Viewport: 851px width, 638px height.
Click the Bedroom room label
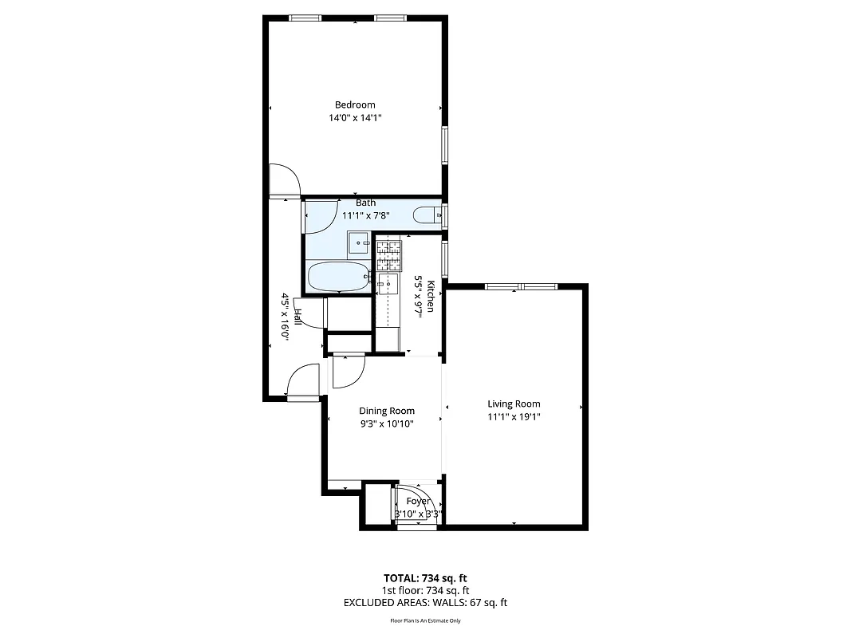tap(355, 104)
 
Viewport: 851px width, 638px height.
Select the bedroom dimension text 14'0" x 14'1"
tap(355, 117)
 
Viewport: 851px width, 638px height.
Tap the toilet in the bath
tap(427, 215)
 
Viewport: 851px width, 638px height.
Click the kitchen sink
tap(388, 284)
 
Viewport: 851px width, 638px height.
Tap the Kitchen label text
tap(431, 296)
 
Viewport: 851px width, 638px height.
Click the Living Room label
tap(514, 404)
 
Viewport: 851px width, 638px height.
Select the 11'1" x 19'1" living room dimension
tap(514, 416)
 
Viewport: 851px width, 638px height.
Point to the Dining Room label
tap(387, 411)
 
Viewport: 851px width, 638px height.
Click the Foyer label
tap(419, 501)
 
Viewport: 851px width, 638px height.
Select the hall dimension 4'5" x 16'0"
tap(284, 317)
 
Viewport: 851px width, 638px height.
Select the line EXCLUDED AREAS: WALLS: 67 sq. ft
tap(425, 603)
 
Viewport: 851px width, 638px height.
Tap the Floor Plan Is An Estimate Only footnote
tap(425, 620)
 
